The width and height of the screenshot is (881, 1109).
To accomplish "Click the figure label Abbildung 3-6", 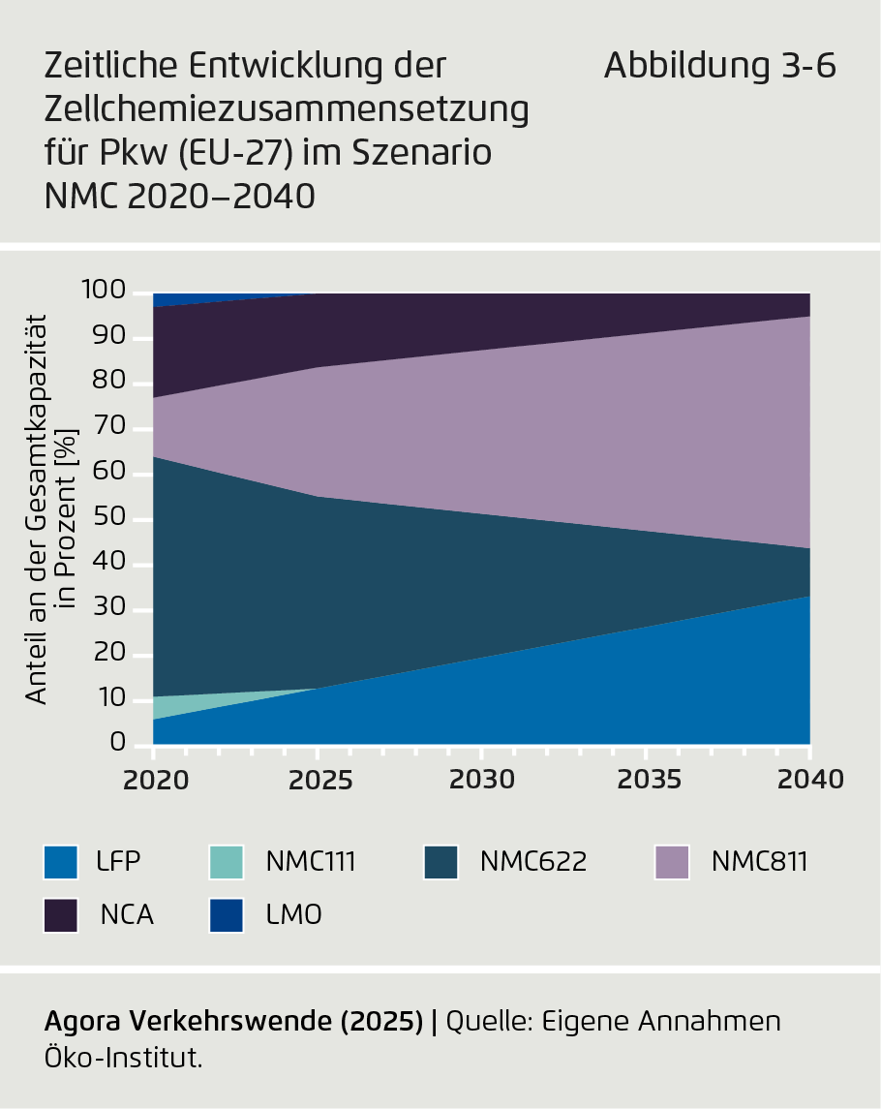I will click(x=719, y=67).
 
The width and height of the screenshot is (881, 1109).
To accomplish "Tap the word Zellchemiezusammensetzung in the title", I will click(x=287, y=109).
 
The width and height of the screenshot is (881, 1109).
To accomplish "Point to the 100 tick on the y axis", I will click(x=104, y=291).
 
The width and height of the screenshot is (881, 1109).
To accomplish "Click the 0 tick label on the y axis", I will click(x=117, y=743).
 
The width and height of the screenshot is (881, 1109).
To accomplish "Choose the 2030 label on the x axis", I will click(x=481, y=779).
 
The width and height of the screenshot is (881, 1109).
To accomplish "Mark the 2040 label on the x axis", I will click(x=809, y=779).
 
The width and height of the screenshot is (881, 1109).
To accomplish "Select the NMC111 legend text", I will click(x=311, y=860).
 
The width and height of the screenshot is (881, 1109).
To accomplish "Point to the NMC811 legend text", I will click(x=758, y=860).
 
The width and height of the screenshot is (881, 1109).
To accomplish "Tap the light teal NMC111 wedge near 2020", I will click(x=165, y=704).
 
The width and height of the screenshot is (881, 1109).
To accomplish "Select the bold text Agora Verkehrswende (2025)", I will click(x=233, y=1021).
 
